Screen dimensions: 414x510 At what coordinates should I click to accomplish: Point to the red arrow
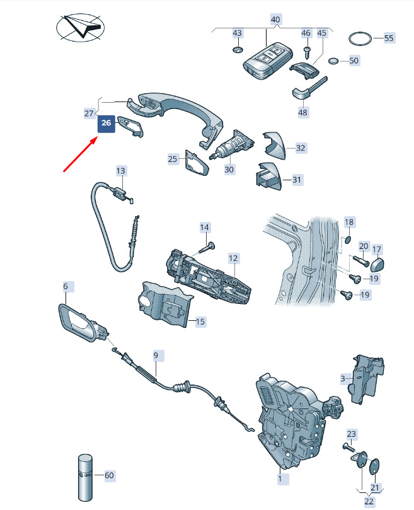pyautogui.click(x=80, y=154)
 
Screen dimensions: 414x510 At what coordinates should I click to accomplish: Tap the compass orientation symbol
pyautogui.click(x=80, y=27)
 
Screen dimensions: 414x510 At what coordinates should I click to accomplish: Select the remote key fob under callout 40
pyautogui.click(x=267, y=60)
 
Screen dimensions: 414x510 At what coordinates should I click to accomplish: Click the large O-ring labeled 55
pyautogui.click(x=360, y=39)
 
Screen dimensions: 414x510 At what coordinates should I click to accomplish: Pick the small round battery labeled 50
pyautogui.click(x=333, y=61)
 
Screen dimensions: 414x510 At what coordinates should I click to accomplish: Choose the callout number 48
pyautogui.click(x=302, y=113)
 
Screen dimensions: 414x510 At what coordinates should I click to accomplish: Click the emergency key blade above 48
pyautogui.click(x=309, y=88)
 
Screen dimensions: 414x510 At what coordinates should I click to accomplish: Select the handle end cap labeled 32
pyautogui.click(x=274, y=145)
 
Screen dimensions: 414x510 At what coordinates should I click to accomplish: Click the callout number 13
pyautogui.click(x=120, y=171)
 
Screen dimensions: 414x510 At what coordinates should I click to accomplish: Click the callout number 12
pyautogui.click(x=233, y=258)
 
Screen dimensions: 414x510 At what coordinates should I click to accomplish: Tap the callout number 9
pyautogui.click(x=156, y=356)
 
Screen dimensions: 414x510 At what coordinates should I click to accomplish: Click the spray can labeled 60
pyautogui.click(x=86, y=477)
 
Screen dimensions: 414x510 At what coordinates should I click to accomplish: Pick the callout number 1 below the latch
pyautogui.click(x=280, y=478)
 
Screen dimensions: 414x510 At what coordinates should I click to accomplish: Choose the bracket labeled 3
pyautogui.click(x=367, y=380)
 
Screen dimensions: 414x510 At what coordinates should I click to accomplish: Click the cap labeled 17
pyautogui.click(x=377, y=264)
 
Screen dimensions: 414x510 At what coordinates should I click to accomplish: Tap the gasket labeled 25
pyautogui.click(x=197, y=163)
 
